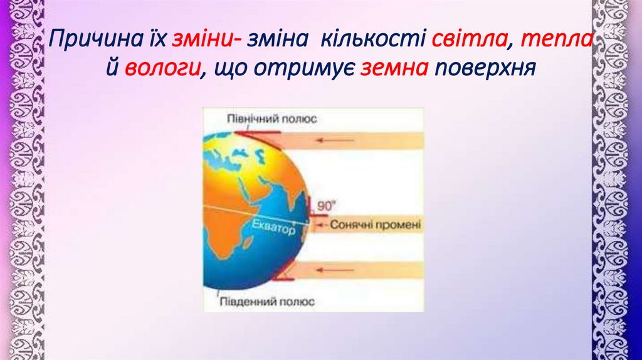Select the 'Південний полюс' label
coord(266,301)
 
